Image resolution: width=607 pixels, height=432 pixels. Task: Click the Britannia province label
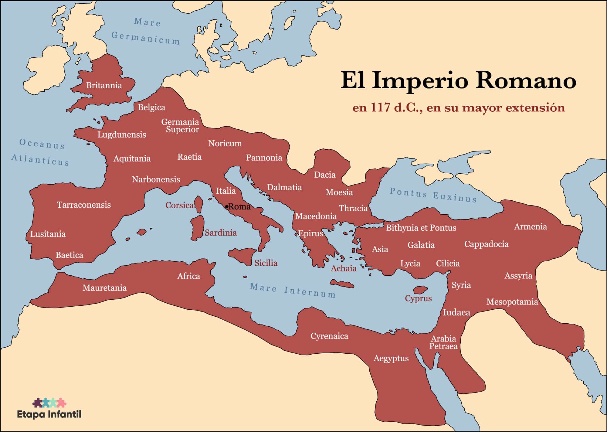[104, 85]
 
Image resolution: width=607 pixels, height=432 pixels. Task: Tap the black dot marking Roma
[226, 207]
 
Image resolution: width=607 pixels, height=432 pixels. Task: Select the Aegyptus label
[391, 359]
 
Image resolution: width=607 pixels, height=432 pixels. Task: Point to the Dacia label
[325, 175]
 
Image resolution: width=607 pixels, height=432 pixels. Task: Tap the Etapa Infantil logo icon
[49, 402]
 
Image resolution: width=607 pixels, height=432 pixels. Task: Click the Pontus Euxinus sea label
[433, 195]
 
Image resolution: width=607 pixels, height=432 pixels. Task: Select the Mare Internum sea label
[293, 291]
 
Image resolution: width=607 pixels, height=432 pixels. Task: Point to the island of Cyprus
[420, 290]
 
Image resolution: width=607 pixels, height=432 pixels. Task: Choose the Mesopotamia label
[512, 302]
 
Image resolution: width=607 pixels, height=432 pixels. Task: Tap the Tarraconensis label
[84, 205]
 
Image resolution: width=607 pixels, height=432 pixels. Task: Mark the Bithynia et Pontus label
[421, 228]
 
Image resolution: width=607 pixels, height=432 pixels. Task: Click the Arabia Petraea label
[443, 342]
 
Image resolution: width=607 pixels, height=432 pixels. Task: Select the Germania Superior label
[181, 126]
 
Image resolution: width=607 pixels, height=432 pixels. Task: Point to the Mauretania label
[104, 288]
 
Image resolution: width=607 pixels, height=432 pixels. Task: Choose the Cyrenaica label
[329, 336]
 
